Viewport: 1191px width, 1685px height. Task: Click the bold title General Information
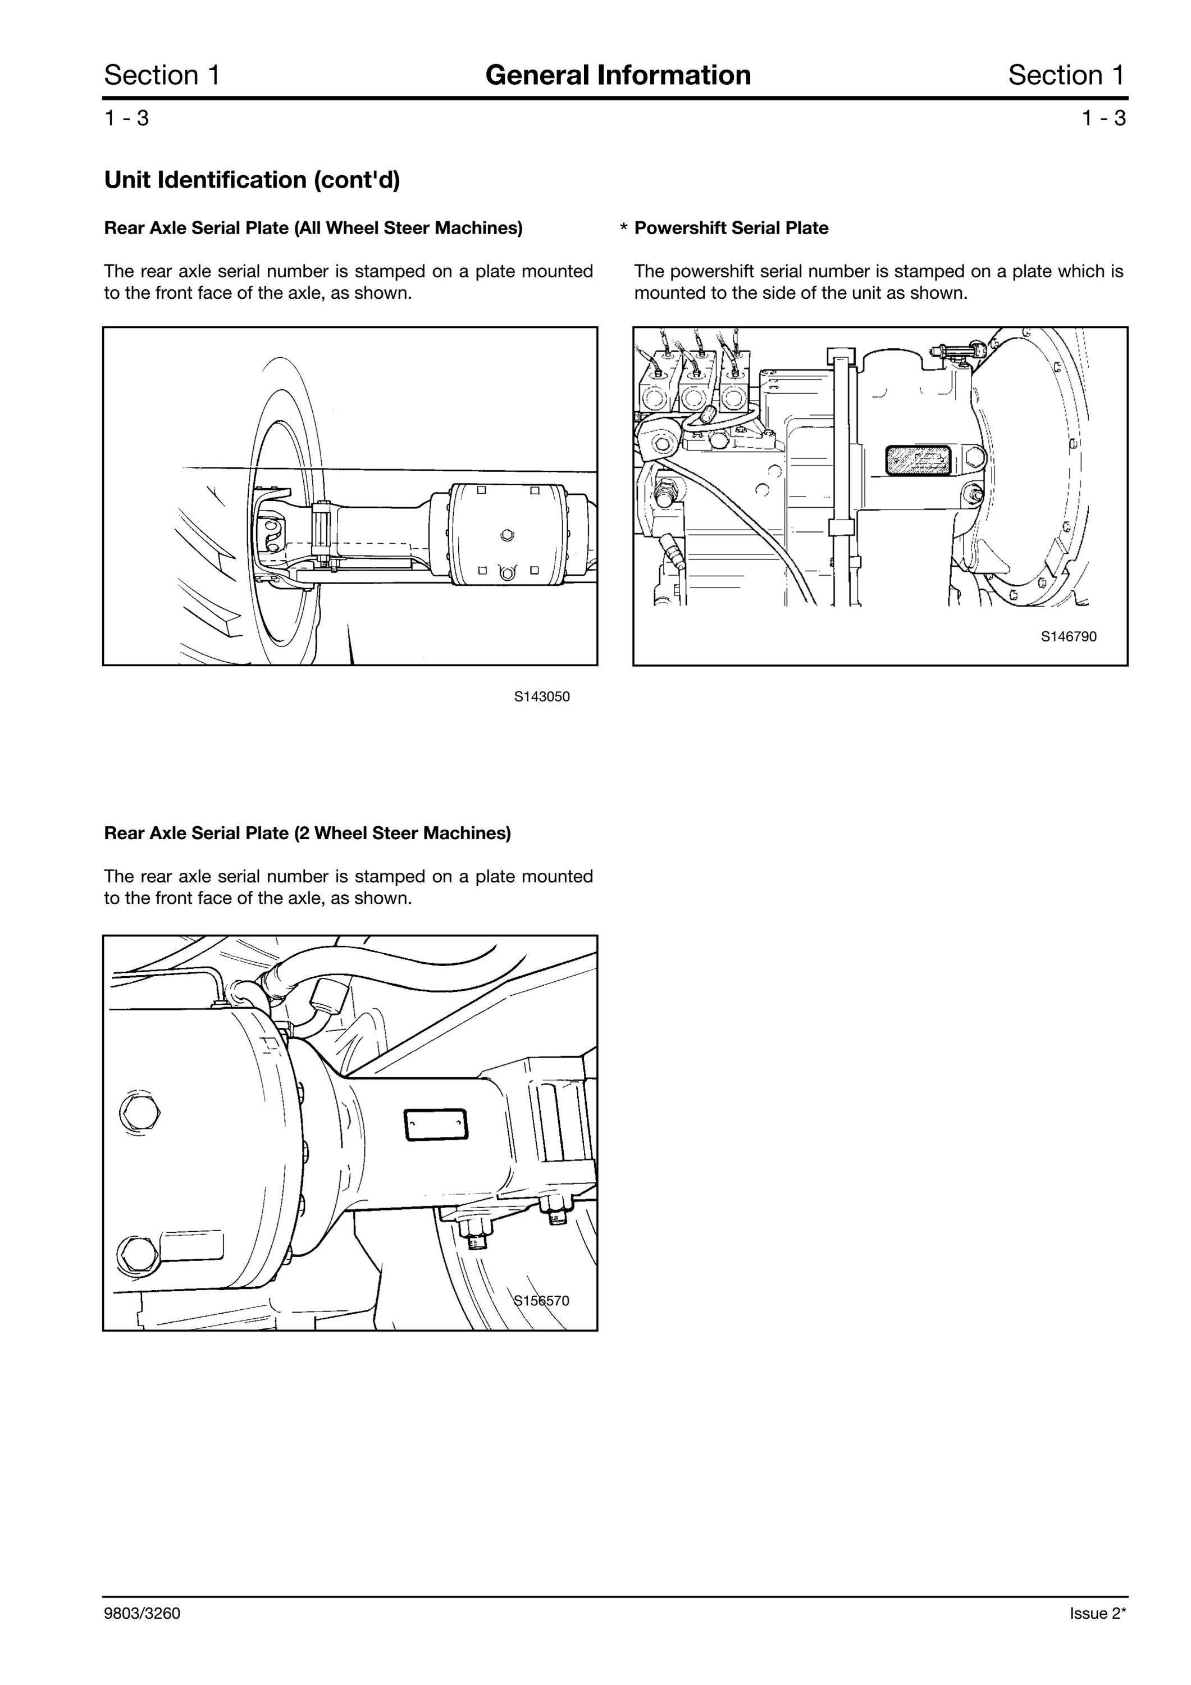coord(618,75)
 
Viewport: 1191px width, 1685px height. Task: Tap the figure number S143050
coord(541,696)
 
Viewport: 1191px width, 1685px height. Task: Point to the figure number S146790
coord(1069,636)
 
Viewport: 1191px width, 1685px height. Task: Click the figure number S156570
coord(541,1300)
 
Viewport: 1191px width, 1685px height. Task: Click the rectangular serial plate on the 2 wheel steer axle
coord(436,1125)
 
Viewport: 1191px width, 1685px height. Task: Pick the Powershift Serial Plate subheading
coord(731,228)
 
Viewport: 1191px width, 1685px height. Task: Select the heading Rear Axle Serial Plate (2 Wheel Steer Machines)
coord(308,833)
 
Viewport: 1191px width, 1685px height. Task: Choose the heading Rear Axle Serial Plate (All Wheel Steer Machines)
coord(313,228)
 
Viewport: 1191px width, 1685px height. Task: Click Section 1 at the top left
coord(162,75)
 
